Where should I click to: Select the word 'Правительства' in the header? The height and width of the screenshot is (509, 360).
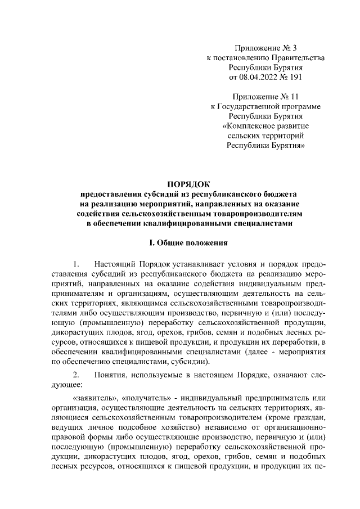click(298, 57)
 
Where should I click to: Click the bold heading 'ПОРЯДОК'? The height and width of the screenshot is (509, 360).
click(188, 183)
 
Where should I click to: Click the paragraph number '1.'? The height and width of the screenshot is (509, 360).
click(77, 264)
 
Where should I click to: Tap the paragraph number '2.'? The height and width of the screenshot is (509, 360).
click(77, 375)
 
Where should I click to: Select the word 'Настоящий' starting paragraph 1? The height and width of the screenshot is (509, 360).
click(113, 264)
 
